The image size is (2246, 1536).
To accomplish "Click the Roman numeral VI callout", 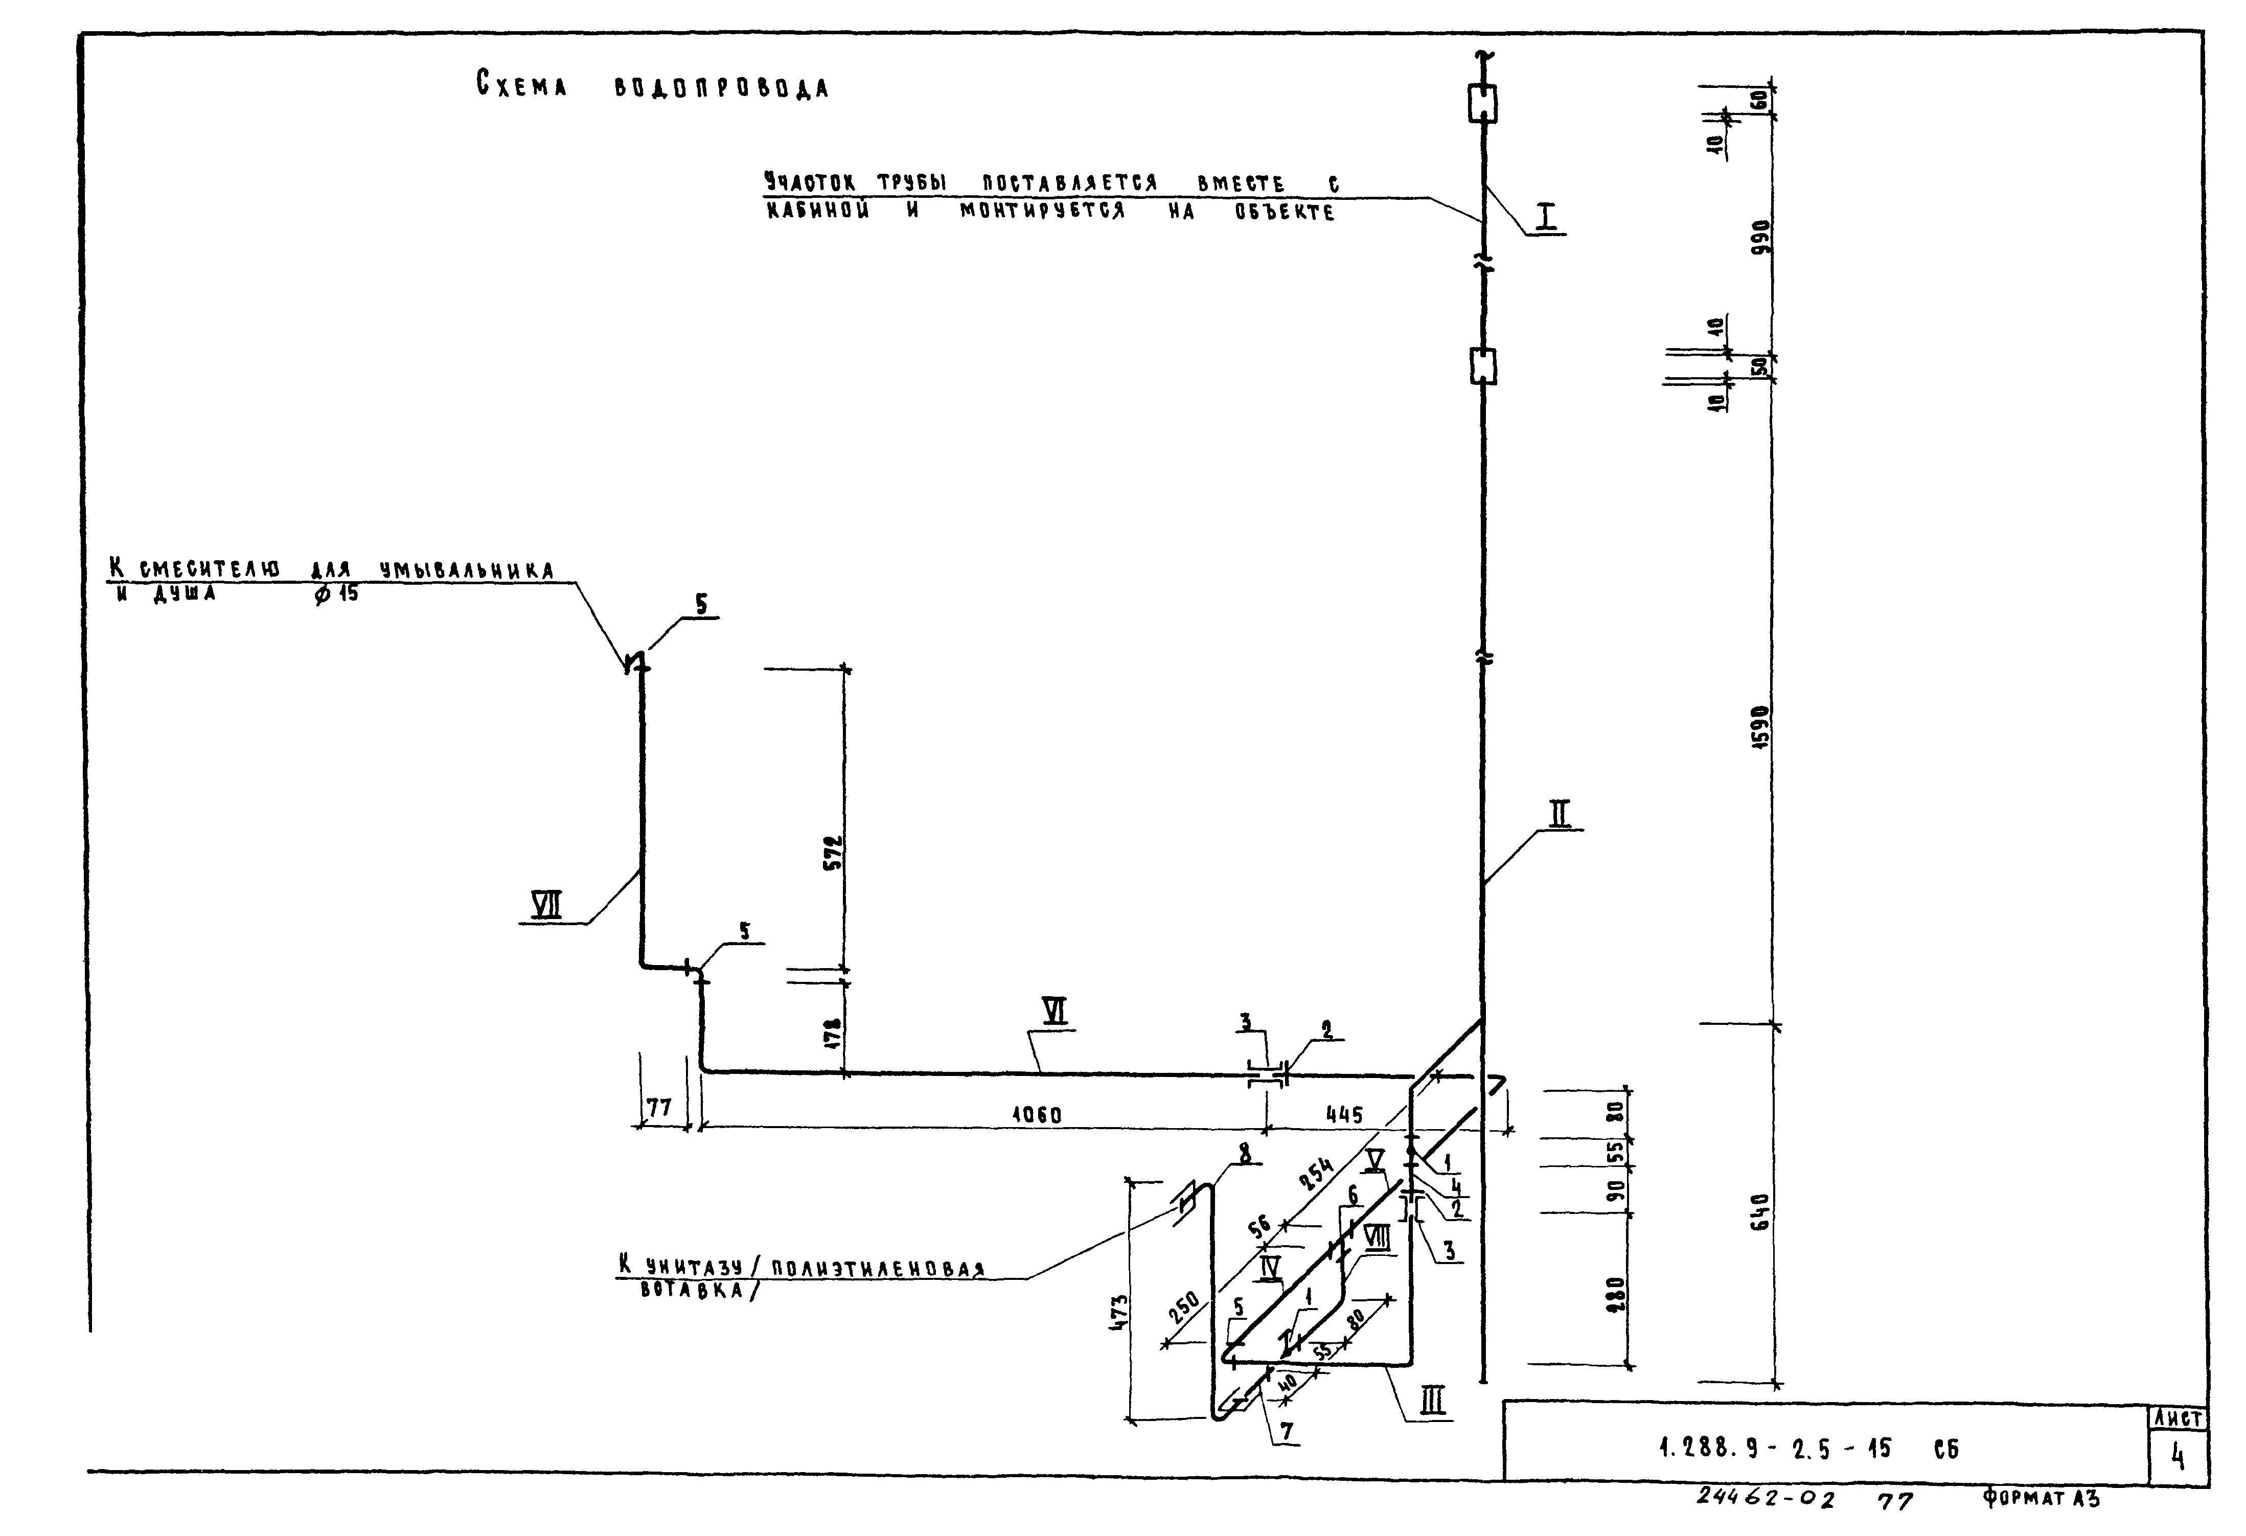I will tap(1056, 1011).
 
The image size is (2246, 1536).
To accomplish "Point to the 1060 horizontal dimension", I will tap(1036, 1114).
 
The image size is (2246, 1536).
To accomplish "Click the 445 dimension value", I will tap(1344, 1114).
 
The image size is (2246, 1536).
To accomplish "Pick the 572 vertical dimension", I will tap(833, 853).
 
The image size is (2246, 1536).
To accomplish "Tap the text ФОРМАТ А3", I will tap(2041, 1498).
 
